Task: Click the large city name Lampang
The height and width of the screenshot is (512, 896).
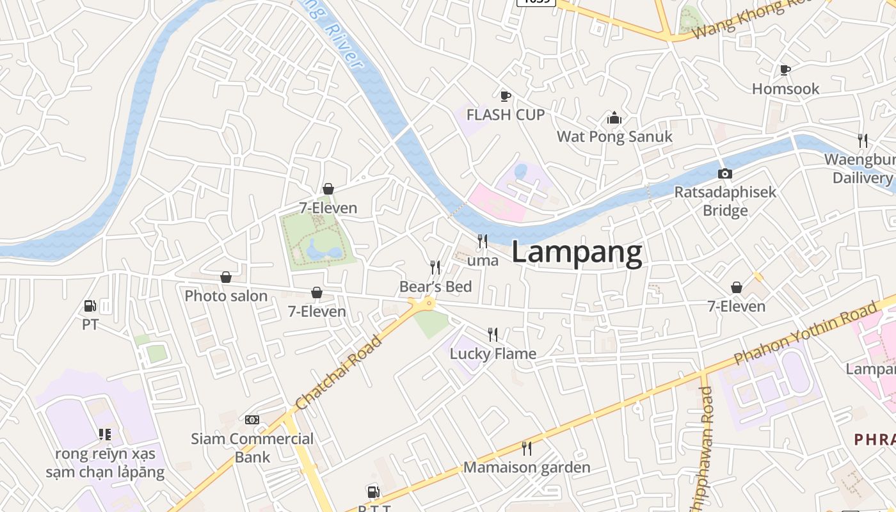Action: pyautogui.click(x=577, y=253)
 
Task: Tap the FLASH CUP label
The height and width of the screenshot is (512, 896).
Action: pyautogui.click(x=506, y=115)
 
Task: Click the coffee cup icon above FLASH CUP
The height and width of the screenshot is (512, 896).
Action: pyautogui.click(x=505, y=96)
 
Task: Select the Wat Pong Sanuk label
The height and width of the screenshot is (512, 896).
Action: pyautogui.click(x=614, y=136)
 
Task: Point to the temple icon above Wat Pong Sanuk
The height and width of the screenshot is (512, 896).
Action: pyautogui.click(x=614, y=118)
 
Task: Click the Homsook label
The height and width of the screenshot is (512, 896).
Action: pyautogui.click(x=785, y=89)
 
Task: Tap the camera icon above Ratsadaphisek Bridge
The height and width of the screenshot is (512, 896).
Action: pyautogui.click(x=725, y=173)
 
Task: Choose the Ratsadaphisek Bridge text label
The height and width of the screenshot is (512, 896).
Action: pyautogui.click(x=725, y=201)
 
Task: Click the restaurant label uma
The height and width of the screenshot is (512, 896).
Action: pyautogui.click(x=483, y=260)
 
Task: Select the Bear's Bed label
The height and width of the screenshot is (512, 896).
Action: pyautogui.click(x=435, y=286)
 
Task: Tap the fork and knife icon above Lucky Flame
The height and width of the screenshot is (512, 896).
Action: pyautogui.click(x=492, y=334)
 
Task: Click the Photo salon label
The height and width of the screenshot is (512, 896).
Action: pyautogui.click(x=226, y=296)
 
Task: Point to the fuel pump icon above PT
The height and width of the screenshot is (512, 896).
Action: pyautogui.click(x=90, y=307)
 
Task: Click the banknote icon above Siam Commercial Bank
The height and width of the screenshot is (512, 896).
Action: pyautogui.click(x=252, y=420)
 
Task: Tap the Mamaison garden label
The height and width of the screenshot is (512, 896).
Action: pyautogui.click(x=527, y=467)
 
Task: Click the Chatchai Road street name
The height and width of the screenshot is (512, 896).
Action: pyautogui.click(x=339, y=372)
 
